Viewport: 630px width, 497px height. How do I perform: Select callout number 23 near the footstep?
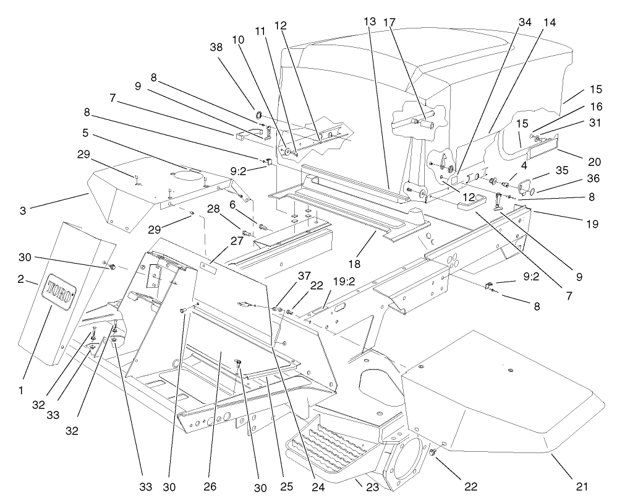(372, 487)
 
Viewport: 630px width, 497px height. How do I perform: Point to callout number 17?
(388, 22)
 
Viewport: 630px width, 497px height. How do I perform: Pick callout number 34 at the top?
(524, 22)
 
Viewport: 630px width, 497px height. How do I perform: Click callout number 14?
(549, 22)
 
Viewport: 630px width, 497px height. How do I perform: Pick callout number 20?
(594, 162)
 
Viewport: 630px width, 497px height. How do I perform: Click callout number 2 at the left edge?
(21, 280)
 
